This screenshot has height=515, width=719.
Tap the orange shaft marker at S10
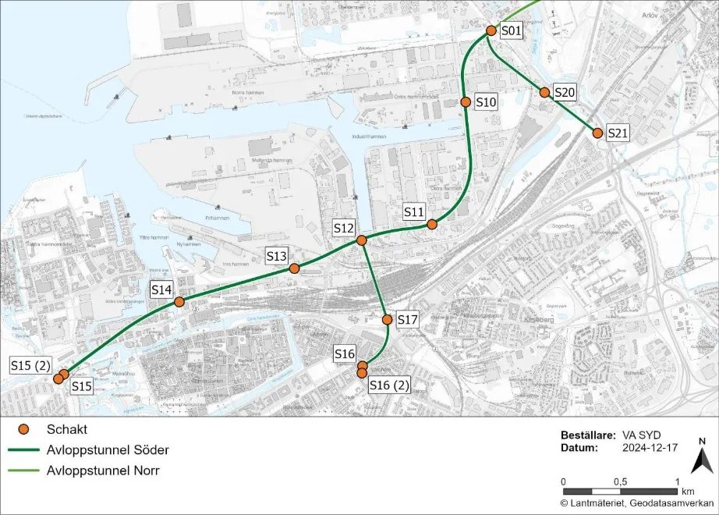coord(465,102)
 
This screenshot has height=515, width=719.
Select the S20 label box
coord(565,93)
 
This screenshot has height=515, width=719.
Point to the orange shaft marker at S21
coord(597,133)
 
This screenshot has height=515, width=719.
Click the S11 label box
coord(413,211)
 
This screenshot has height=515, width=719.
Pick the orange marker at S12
coord(362,240)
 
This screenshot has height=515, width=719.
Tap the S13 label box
coord(277,255)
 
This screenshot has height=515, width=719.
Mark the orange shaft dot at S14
coord(179,302)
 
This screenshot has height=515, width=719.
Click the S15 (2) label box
coord(30,365)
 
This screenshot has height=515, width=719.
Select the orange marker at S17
coord(387,320)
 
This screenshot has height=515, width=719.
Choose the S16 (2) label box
coord(389,386)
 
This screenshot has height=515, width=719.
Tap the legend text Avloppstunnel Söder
coord(108,450)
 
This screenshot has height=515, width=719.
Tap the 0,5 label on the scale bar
coord(620,481)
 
